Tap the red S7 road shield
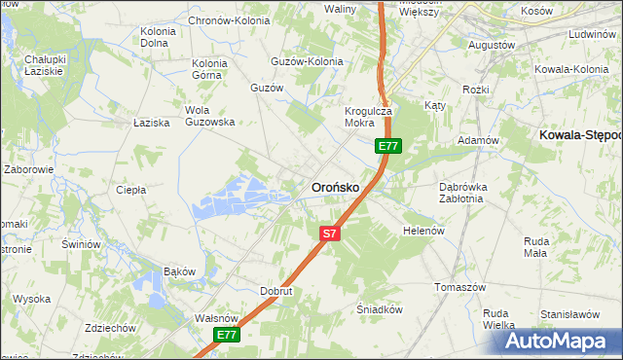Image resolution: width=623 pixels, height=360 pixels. [x=330, y=234]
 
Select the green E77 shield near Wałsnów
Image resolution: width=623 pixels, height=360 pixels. [x=227, y=335]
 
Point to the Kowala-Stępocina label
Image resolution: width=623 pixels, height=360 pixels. [x=580, y=135]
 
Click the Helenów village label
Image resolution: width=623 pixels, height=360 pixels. [x=423, y=231]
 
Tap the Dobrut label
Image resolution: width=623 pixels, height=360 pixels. [x=276, y=291]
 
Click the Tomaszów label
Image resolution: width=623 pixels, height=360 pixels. [x=459, y=288]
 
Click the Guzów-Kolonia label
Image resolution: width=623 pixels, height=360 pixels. [x=308, y=61]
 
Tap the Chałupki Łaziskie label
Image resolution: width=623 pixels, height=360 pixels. [x=43, y=66]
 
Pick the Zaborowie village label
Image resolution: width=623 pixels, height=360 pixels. [x=28, y=169]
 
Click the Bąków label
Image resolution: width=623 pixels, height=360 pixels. [x=180, y=270]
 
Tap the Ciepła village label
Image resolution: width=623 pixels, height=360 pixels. [x=130, y=190]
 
